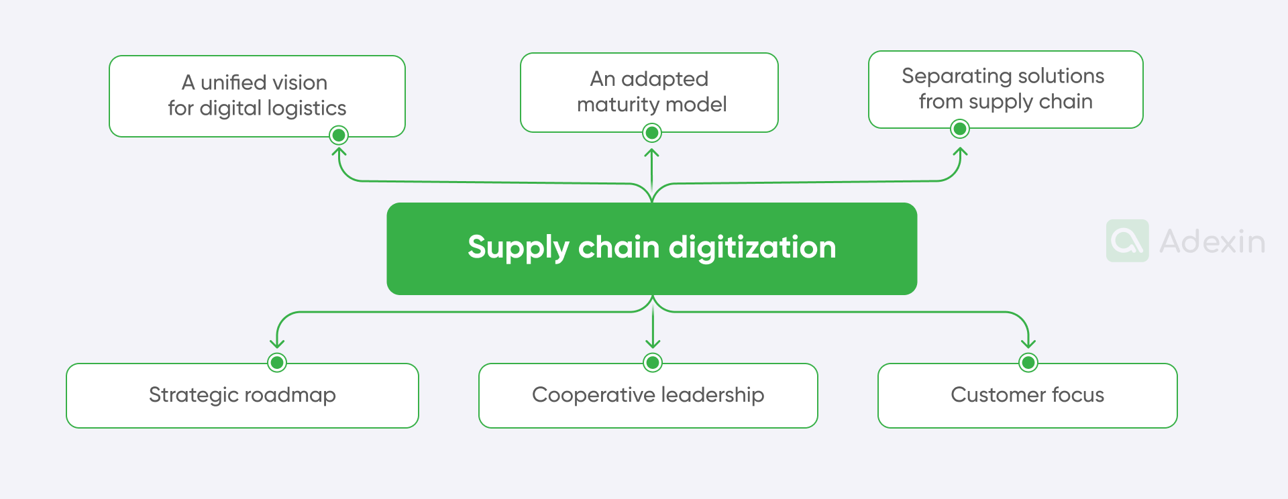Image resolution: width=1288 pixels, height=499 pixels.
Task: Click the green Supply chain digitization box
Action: point(651,248)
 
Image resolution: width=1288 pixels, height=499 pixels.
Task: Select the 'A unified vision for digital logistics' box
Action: point(257,96)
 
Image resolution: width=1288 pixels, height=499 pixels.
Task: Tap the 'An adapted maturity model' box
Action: point(649,92)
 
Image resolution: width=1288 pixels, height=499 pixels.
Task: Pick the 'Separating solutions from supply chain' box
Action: point(1005,89)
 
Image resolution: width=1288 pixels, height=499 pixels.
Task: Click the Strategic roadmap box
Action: point(242,395)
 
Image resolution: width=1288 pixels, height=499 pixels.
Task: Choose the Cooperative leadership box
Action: point(648,395)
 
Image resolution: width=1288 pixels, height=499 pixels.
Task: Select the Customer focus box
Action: point(1027,395)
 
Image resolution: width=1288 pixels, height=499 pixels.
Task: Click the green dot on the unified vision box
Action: point(339,135)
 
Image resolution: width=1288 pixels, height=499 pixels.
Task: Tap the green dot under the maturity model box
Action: point(651,133)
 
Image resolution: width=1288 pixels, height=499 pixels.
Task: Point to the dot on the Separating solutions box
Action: point(960,128)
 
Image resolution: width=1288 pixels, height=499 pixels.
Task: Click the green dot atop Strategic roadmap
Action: point(277,362)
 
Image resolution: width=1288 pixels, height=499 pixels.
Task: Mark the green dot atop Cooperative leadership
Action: point(653,362)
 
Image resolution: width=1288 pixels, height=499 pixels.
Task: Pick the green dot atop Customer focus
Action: point(1028,362)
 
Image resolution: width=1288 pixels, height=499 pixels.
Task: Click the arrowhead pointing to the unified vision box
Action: point(339,152)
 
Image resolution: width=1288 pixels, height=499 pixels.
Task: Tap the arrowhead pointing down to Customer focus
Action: point(1028,344)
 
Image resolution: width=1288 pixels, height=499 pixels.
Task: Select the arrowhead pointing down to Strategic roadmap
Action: point(277,344)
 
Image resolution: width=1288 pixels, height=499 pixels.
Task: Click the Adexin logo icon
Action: point(1127,241)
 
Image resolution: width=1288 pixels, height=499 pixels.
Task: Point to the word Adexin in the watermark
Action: point(1212,241)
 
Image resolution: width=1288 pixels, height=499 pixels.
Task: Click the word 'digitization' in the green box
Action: point(752,247)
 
